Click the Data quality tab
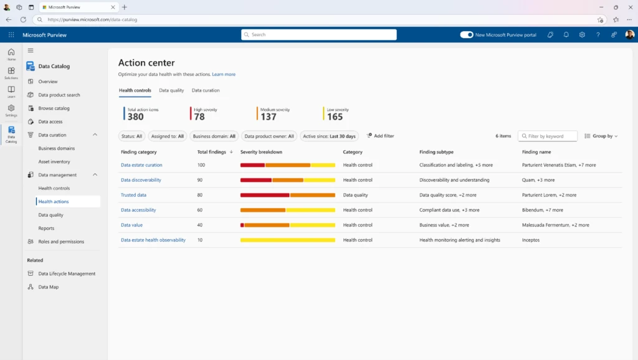coord(171,90)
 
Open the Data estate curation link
coord(141,165)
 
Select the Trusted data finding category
coord(133,195)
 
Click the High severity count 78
coord(199,116)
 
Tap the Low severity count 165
coord(335,116)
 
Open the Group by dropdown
coord(601,136)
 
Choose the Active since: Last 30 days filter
coord(329,136)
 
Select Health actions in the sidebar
coord(54,202)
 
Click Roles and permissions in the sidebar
coord(61,242)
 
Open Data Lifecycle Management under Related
coord(67,273)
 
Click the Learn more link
coord(224,74)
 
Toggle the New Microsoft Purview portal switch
coord(467,35)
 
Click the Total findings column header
coord(211,152)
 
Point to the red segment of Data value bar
coord(242,225)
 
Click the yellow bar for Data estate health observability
coord(287,240)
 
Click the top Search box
coord(319,35)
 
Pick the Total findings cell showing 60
coord(200,210)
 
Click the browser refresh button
coord(23,19)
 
